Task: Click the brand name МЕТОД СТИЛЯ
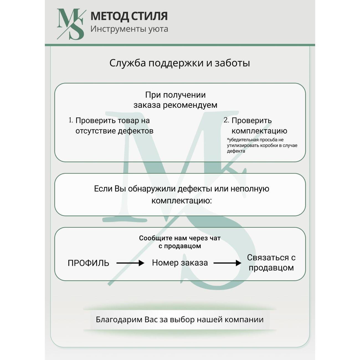pos(129,16)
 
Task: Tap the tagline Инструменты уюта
pos(129,29)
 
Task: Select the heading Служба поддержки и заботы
pos(180,63)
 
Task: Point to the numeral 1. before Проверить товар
pos(71,120)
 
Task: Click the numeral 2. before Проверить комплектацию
pos(226,120)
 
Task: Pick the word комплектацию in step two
pos(259,131)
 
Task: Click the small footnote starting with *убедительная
pos(262,145)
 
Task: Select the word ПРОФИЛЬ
pos(88,263)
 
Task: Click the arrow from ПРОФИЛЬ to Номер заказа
pos(130,263)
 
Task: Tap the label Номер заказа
pos(180,263)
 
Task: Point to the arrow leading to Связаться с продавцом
pos(227,263)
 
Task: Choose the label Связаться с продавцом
pos(271,263)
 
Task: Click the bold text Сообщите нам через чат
pos(180,238)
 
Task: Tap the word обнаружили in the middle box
pos(151,189)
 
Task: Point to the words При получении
pos(175,95)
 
